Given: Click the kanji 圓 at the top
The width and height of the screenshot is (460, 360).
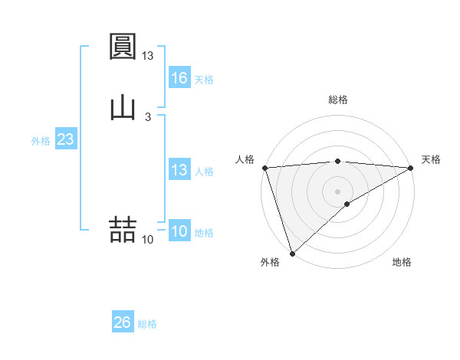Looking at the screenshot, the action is (123, 47).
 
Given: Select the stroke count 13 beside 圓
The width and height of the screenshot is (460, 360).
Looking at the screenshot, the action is (148, 56).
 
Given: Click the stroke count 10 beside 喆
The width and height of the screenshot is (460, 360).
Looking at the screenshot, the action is (148, 240).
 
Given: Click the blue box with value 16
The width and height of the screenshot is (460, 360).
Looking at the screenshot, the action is (179, 78).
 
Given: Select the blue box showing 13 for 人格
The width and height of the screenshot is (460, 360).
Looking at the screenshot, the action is (179, 170).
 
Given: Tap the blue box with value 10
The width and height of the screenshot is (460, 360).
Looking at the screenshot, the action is (179, 231).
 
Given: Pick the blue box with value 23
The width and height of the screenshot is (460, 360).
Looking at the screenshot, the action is (65, 139).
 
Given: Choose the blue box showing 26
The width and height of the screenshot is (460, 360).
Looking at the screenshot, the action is (123, 322).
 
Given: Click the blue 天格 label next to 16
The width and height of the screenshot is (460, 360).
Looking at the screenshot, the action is (204, 80).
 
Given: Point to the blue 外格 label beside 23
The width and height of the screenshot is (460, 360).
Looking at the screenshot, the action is (41, 141).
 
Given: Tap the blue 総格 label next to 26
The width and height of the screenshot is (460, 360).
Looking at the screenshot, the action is (148, 324).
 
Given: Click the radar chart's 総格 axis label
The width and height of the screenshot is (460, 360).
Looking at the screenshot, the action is (338, 100).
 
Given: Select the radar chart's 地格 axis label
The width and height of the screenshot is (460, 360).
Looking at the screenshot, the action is (402, 262).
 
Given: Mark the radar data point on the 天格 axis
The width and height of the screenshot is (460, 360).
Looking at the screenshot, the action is (412, 168).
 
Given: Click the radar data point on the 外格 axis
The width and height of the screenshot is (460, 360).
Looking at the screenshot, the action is (291, 254).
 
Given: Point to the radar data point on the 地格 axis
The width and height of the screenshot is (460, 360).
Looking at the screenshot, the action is (347, 204).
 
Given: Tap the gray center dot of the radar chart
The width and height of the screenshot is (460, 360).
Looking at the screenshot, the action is (338, 191).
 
